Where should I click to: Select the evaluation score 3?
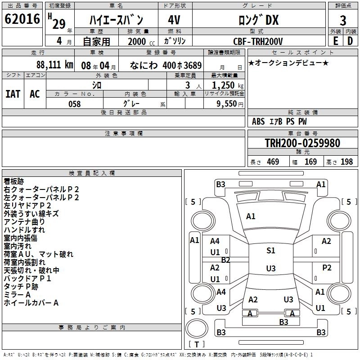coord(343,20)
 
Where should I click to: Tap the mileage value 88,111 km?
coord(54,65)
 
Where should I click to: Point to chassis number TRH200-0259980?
coord(302,143)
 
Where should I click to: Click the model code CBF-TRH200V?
coord(259,41)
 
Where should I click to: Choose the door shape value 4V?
coord(174,20)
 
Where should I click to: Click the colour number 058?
coord(74,104)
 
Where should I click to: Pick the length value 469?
coord(272,162)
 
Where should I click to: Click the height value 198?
coord(346,162)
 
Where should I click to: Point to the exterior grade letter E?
coord(335,41)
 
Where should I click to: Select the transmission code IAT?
coord(13,94)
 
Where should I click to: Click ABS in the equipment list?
coord(258,121)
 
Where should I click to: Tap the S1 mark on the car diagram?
coord(270,251)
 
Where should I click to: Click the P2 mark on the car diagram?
coord(327,268)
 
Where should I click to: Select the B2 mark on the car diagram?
coord(225,260)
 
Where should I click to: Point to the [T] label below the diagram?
coord(197,344)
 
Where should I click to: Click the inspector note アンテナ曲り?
coord(24,221)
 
